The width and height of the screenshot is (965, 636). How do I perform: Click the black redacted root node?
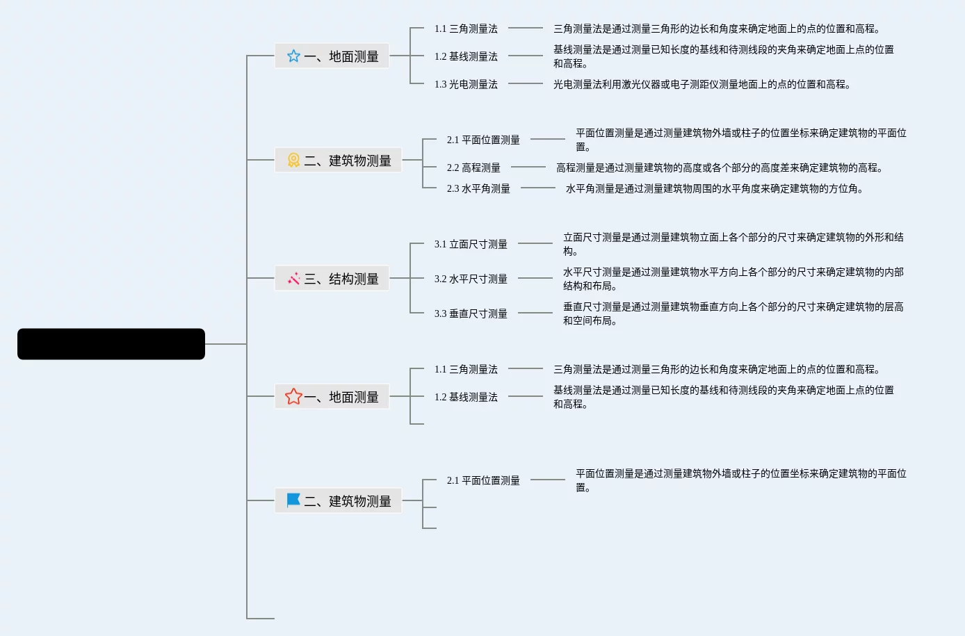[111, 344]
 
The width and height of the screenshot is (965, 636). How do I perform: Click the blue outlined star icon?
[293, 56]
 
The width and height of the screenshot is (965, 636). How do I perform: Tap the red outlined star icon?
[293, 397]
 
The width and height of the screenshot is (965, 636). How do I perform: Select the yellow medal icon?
[293, 161]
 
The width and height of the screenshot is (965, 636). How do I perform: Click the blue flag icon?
[293, 500]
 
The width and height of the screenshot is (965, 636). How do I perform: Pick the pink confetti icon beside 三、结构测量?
[293, 279]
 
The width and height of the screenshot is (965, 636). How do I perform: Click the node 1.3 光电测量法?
[466, 84]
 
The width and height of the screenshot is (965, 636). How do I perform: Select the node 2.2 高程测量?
[473, 168]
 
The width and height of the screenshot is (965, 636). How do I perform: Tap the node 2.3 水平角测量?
[478, 188]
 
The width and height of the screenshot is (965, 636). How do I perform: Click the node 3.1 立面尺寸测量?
[471, 244]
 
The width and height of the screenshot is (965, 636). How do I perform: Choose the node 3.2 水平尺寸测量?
[471, 279]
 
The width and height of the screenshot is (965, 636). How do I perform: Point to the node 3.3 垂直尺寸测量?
[471, 313]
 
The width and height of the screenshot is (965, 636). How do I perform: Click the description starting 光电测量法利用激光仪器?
[702, 84]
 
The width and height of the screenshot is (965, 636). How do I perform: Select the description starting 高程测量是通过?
[720, 168]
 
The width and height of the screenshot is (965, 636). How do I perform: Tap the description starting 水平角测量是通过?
[714, 188]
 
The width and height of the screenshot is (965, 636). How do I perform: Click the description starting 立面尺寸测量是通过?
[733, 244]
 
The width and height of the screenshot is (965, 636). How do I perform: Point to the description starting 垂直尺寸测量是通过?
[733, 313]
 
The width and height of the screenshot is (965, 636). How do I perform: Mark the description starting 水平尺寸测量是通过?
[733, 279]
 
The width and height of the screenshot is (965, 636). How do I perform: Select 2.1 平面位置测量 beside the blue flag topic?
[483, 480]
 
